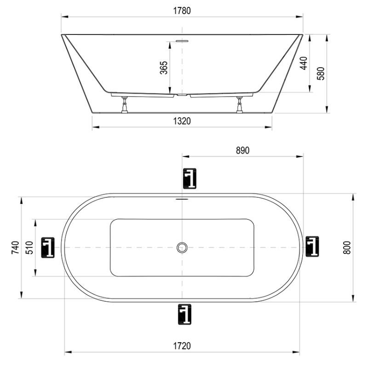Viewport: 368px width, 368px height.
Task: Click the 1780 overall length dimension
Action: [182, 11]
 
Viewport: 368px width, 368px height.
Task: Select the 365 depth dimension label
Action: [164, 68]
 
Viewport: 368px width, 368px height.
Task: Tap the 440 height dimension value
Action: [304, 63]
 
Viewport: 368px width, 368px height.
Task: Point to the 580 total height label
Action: [321, 74]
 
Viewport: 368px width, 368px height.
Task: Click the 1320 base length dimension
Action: [182, 121]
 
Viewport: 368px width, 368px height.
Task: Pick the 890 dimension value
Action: [243, 150]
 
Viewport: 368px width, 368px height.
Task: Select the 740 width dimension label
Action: [16, 247]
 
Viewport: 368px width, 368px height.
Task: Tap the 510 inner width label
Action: [29, 247]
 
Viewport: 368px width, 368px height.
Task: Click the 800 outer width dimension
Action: [347, 247]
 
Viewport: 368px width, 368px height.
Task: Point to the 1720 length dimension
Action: [182, 346]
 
